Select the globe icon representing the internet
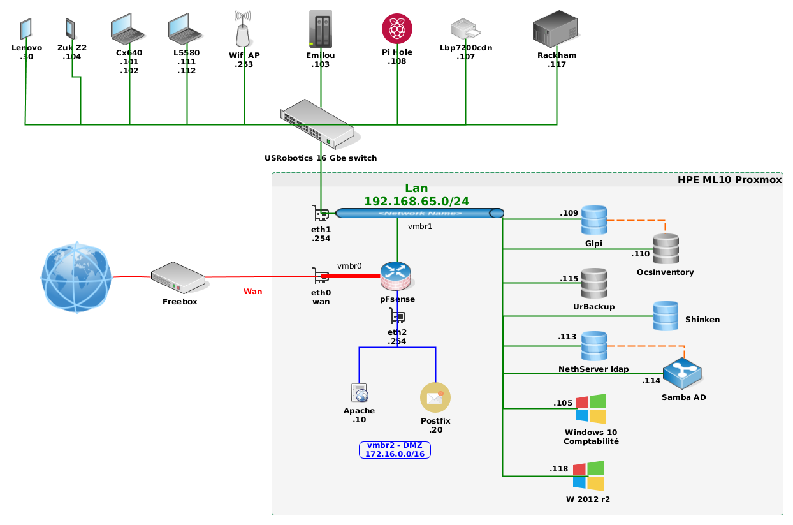[76, 276]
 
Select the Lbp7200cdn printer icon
[465, 29]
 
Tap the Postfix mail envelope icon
[435, 397]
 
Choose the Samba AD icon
[682, 374]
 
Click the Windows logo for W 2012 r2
[588, 476]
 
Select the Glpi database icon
[593, 221]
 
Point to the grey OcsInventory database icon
[666, 249]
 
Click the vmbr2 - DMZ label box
[395, 450]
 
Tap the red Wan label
[253, 292]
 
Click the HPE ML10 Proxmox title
[729, 180]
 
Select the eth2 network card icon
[398, 316]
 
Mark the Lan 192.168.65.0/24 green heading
[416, 195]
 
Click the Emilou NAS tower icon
[321, 29]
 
